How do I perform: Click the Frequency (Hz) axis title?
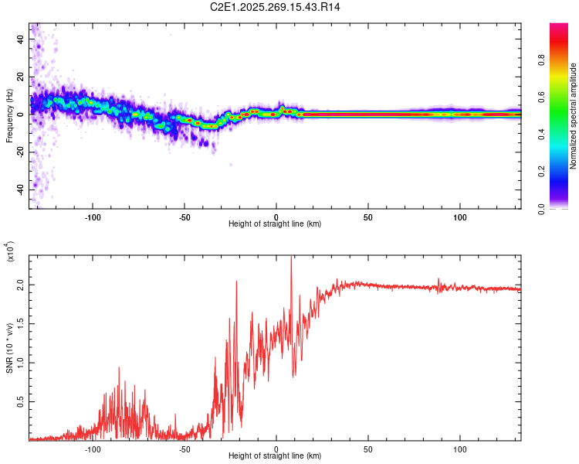point(9,115)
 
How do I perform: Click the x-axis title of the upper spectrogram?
point(275,224)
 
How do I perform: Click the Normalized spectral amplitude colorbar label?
point(573,116)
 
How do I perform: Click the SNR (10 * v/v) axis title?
point(9,347)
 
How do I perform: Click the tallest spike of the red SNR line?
point(291,258)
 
